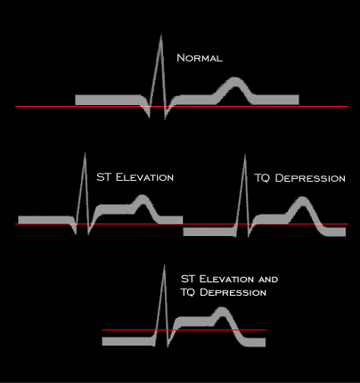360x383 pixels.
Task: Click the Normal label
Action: coord(200,58)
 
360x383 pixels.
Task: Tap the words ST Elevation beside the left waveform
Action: coord(135,177)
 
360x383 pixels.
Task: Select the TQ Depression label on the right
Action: coord(299,178)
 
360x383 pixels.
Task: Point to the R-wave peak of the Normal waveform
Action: coord(161,36)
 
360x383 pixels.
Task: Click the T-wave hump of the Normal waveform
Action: coord(235,83)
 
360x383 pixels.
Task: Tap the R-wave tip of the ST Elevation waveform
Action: coord(86,153)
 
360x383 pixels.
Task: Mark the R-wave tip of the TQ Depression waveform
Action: coord(245,155)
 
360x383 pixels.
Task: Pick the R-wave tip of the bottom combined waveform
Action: coord(164,265)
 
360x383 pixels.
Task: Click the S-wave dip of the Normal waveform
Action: coord(165,118)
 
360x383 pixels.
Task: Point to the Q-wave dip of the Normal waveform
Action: coord(149,118)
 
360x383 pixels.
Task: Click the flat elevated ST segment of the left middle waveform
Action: coord(115,209)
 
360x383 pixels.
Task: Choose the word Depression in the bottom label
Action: coord(233,292)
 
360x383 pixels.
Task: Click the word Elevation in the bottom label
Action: coord(226,279)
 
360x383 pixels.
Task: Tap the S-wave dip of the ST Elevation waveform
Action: coord(88,234)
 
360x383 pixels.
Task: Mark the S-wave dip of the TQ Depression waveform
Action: coord(249,237)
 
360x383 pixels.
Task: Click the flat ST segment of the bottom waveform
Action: coord(193,322)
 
